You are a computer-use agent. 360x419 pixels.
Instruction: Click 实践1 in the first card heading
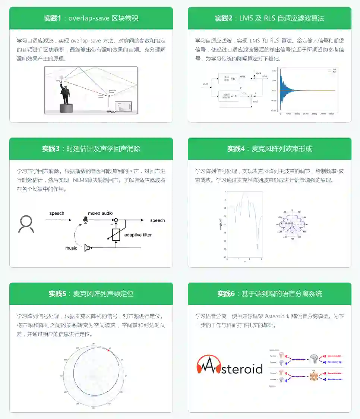[52, 18]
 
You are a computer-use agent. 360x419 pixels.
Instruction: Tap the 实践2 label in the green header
[224, 18]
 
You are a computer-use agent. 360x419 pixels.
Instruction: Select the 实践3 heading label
[51, 149]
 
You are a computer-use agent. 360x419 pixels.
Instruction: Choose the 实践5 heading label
[57, 294]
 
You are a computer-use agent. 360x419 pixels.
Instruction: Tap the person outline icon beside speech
[26, 224]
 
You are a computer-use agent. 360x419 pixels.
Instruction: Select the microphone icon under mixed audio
[86, 220]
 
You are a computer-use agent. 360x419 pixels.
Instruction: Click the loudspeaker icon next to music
[88, 248]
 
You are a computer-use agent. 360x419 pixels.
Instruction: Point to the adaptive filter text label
[138, 235]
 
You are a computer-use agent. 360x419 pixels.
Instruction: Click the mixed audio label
[100, 213]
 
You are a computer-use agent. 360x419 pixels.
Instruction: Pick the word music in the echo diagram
[71, 248]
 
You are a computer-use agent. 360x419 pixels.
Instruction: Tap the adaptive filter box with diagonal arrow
[116, 234]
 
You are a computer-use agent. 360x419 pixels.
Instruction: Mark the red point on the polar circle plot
[108, 351]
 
